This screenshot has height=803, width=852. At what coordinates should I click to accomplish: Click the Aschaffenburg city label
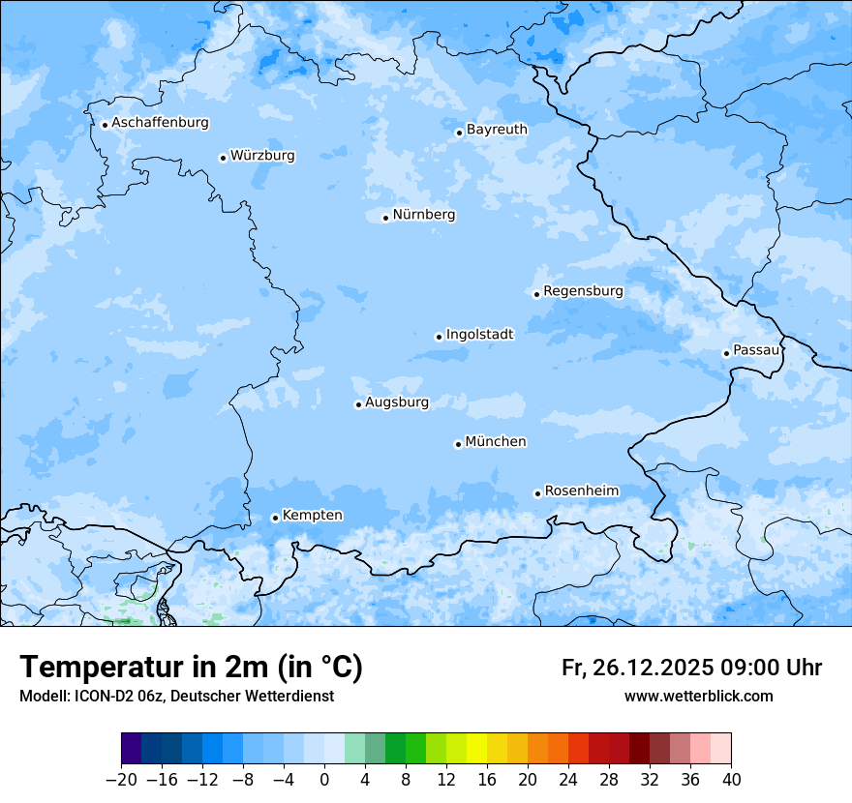pos(160,123)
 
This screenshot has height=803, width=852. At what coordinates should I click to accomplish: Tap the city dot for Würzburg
pos(223,158)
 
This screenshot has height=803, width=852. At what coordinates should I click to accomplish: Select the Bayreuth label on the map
pos(497,129)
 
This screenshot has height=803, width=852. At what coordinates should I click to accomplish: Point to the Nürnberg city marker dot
pos(385,218)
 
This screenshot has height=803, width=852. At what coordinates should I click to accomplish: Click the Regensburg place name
pos(583,290)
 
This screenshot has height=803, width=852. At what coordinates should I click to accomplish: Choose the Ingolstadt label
pos(479,334)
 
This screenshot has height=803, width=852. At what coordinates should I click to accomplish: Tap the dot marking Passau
pos(726,353)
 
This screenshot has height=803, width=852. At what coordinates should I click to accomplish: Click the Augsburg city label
pos(396,401)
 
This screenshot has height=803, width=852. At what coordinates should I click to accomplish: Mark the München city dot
pos(458,444)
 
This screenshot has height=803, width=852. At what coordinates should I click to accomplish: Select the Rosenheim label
pos(581,491)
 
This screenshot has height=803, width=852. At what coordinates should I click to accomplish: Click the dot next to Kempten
pos(275,518)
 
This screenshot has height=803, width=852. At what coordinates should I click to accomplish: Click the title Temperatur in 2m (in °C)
pos(191,667)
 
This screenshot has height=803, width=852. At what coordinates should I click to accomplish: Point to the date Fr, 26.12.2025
pos(637,668)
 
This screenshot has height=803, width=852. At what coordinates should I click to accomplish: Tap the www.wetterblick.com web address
pos(698,696)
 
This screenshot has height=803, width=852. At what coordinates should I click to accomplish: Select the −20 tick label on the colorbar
pos(121,779)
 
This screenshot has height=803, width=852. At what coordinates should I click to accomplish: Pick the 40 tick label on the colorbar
pos(731,779)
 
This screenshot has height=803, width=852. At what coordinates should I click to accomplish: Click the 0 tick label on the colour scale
pos(324,779)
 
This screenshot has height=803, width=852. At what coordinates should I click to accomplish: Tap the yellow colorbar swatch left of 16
pos(476,749)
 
